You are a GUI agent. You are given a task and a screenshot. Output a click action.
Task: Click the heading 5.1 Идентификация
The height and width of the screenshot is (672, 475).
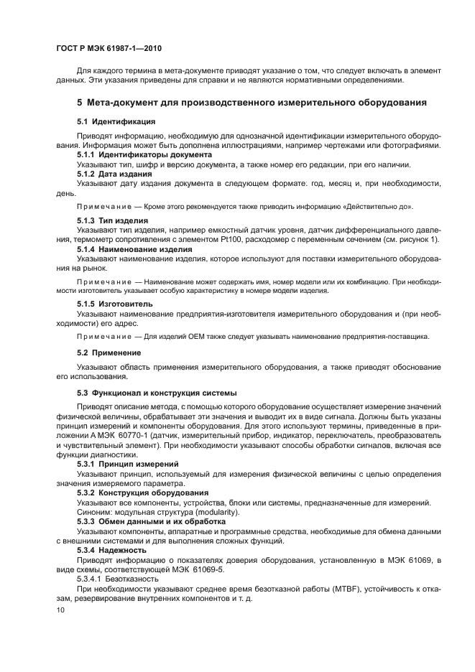[116, 121]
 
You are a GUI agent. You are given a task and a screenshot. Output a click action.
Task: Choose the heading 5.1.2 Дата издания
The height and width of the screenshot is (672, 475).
[114, 174]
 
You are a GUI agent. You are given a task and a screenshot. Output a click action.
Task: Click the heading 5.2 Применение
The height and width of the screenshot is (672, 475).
[109, 352]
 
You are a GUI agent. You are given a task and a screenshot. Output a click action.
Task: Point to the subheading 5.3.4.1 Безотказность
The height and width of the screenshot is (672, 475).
[116, 577]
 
